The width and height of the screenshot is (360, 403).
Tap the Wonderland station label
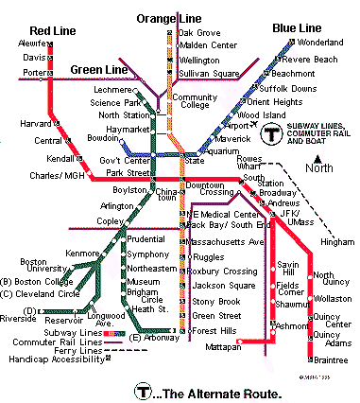click(x=322, y=44)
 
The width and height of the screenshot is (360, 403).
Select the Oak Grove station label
click(x=200, y=32)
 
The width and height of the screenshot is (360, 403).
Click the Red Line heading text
click(x=27, y=30)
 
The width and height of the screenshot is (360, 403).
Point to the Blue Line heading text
click(x=298, y=27)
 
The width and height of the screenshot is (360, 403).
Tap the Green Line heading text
click(x=99, y=68)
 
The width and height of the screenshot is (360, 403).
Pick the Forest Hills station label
click(x=214, y=330)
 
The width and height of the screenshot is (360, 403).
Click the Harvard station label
click(x=33, y=123)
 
